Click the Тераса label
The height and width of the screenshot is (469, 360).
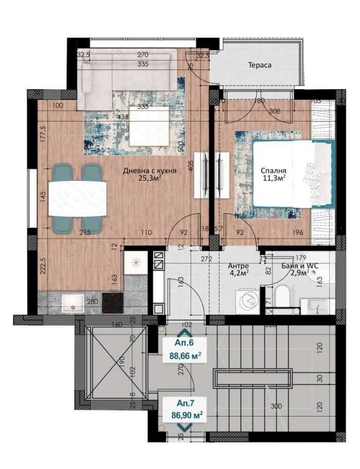tap(259, 65)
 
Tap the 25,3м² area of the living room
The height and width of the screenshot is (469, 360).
tap(150, 179)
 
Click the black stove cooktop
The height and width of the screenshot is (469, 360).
tap(113, 303)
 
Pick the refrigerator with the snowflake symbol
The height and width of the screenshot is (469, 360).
tap(136, 262)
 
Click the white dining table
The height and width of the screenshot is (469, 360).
tap(78, 196)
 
